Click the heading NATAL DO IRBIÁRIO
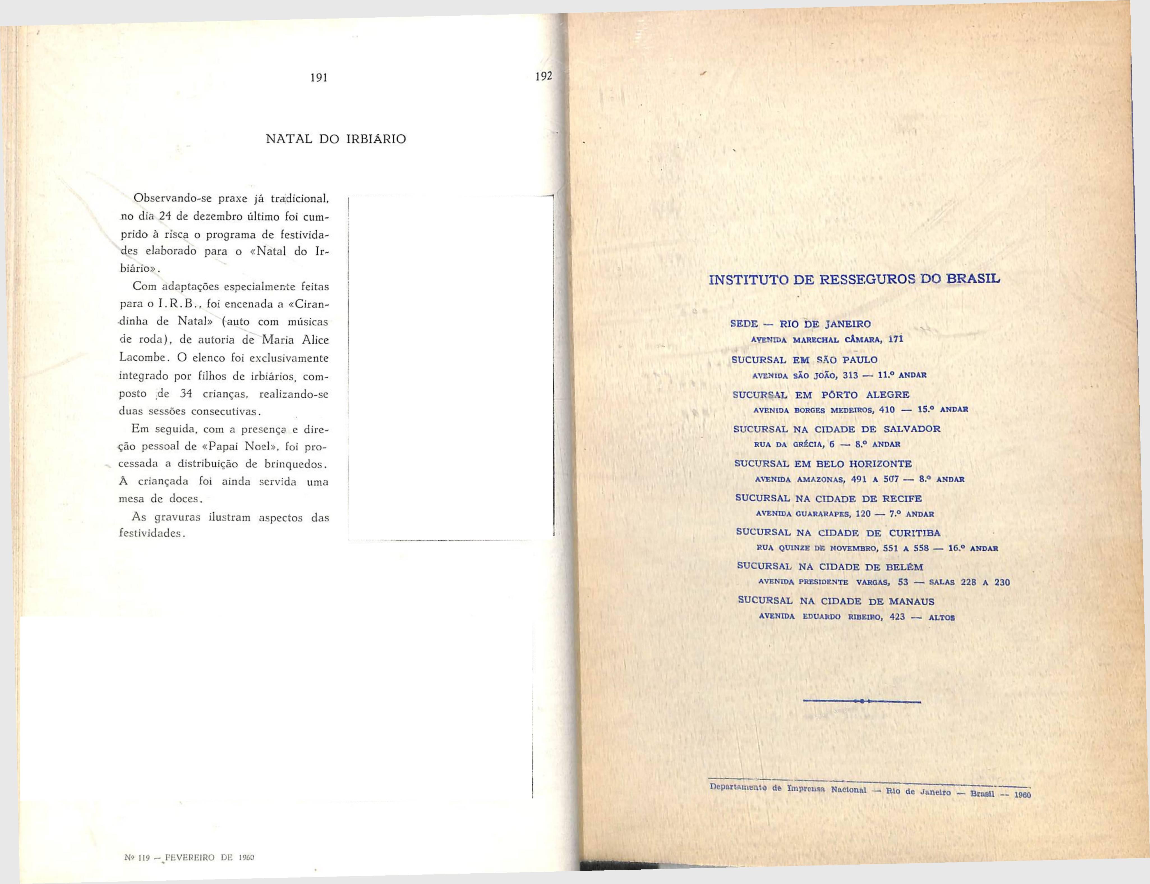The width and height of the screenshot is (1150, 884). pos(336,139)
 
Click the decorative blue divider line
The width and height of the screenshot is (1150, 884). pos(862,701)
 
